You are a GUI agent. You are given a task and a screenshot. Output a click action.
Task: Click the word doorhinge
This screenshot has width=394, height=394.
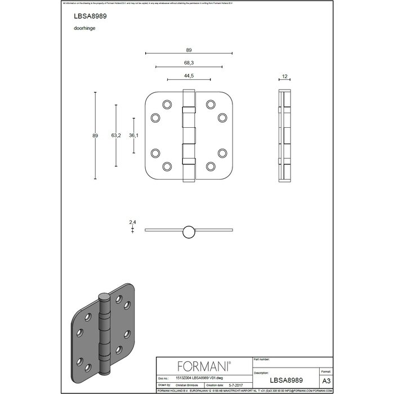coord(84,27)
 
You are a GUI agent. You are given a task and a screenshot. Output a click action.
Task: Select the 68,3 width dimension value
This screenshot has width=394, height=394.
coord(188,62)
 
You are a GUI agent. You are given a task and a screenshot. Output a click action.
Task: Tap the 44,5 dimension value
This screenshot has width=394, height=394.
coord(188,75)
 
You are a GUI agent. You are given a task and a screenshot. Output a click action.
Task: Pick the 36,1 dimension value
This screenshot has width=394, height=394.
coord(134,135)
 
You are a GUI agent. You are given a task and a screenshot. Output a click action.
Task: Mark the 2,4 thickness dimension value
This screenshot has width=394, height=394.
coord(133,222)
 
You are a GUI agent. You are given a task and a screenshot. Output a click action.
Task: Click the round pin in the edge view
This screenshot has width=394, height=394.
coord(189,230)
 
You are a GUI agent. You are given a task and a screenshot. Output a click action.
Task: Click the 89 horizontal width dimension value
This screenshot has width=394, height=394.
coord(189,50)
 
